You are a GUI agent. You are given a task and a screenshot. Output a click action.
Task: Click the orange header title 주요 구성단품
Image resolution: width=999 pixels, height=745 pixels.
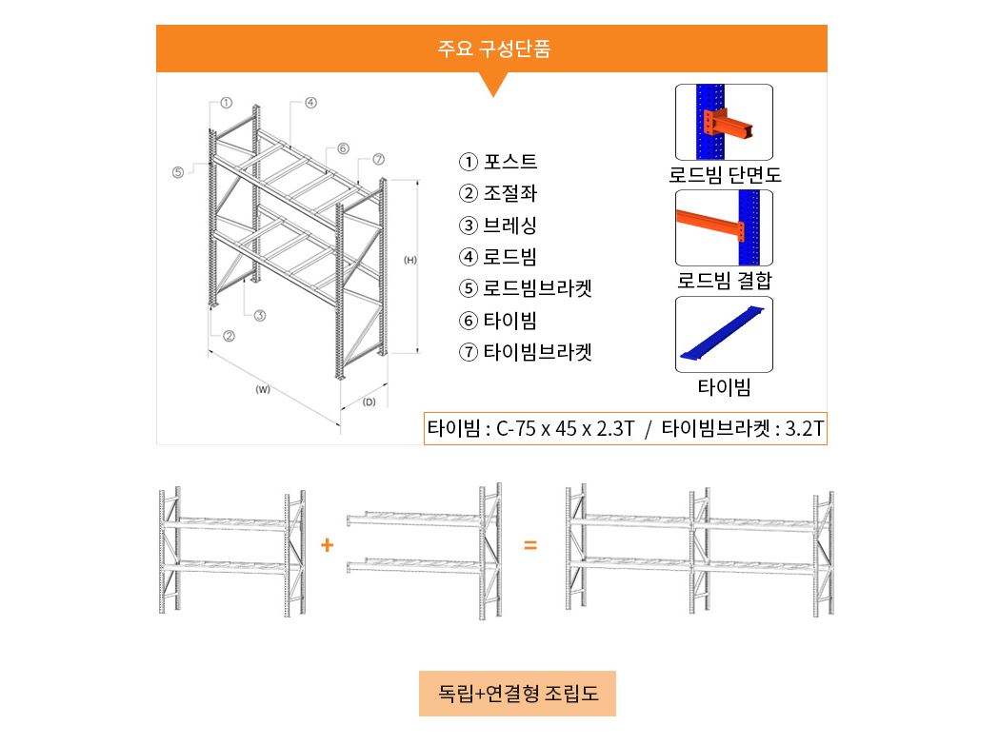click(x=493, y=49)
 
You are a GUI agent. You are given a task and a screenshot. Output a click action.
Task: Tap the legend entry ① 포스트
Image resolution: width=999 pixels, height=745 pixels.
click(x=498, y=162)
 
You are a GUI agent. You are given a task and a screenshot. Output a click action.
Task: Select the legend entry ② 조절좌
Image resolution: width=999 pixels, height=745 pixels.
click(x=498, y=193)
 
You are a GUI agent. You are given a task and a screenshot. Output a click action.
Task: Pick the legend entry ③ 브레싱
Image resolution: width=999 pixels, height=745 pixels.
click(x=498, y=225)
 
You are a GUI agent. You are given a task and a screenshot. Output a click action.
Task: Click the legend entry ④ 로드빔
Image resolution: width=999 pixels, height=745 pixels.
click(x=498, y=257)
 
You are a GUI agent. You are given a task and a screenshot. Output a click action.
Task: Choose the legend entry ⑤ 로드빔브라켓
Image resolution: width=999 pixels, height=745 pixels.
click(x=526, y=288)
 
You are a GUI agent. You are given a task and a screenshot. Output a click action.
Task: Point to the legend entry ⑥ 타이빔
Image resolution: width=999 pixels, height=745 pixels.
click(x=498, y=321)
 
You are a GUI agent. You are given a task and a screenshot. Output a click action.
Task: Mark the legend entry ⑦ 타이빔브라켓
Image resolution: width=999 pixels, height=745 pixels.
click(x=526, y=351)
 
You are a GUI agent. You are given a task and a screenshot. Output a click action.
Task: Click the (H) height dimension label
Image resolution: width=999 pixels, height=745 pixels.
click(x=410, y=260)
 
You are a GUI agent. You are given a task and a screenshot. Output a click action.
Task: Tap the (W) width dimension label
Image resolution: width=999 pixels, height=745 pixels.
click(x=263, y=390)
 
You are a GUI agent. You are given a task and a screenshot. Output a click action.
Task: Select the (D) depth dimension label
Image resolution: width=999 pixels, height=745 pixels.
click(x=369, y=402)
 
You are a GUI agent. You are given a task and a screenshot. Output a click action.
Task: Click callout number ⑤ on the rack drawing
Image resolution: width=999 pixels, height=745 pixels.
click(x=178, y=172)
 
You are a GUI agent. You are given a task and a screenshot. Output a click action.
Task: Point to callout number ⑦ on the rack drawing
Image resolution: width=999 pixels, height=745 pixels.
click(x=378, y=159)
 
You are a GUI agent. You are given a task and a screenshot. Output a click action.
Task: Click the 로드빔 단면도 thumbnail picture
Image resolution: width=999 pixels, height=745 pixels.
click(x=725, y=122)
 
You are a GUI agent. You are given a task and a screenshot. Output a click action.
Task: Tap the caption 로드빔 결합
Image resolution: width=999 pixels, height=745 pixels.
click(x=725, y=280)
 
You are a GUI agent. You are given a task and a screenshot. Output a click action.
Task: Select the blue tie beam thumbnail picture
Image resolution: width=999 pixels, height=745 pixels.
click(x=725, y=334)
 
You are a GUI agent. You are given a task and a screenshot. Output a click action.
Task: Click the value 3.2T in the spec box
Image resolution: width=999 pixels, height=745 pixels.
click(x=804, y=428)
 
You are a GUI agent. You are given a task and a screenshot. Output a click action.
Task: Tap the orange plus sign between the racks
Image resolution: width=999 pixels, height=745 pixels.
click(x=328, y=545)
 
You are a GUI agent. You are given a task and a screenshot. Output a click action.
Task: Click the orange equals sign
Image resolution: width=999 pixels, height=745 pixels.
click(x=530, y=545)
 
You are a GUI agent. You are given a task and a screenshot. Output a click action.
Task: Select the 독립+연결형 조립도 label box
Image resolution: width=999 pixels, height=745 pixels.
click(x=517, y=694)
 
